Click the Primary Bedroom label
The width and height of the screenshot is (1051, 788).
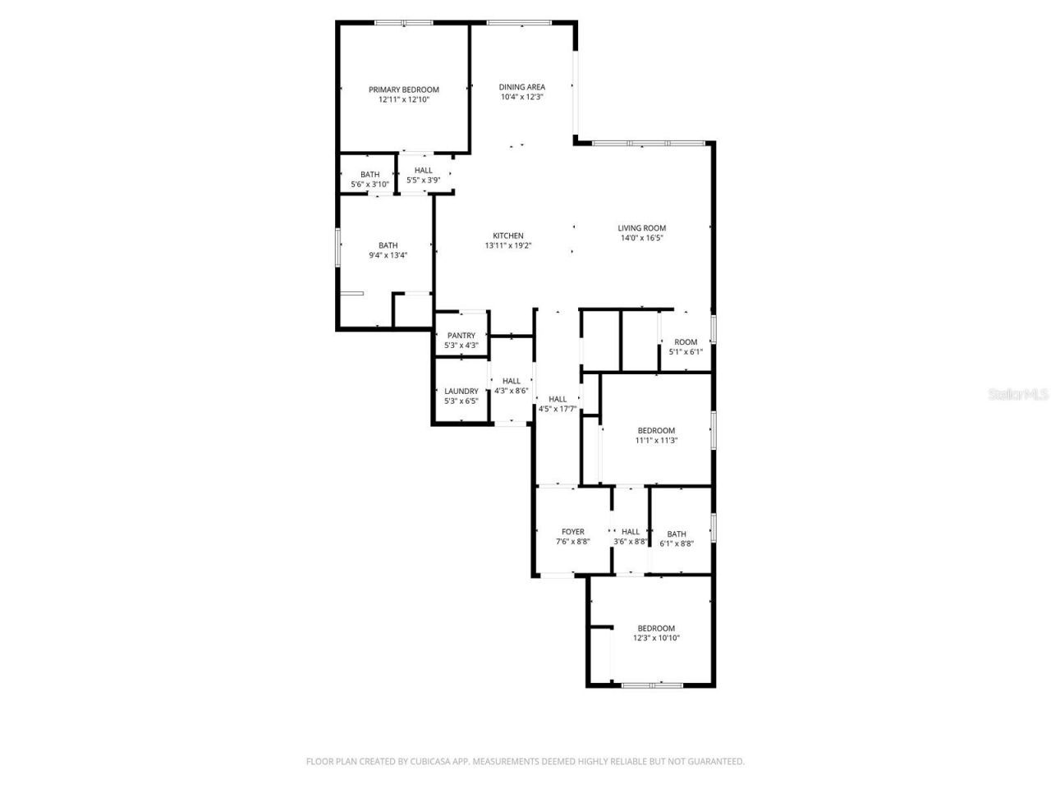(x=403, y=89)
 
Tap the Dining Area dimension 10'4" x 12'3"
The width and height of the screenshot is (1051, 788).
(x=522, y=97)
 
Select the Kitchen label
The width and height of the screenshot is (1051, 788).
(x=508, y=236)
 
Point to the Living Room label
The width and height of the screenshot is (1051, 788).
(x=642, y=228)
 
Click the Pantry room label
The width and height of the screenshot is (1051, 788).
(x=461, y=336)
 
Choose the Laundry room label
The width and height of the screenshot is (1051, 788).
(x=461, y=392)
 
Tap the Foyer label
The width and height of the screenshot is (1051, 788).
(x=573, y=532)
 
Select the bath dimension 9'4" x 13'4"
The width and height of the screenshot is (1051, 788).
(x=388, y=255)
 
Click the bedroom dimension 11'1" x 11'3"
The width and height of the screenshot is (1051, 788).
(x=656, y=441)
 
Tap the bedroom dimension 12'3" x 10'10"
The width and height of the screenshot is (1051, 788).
(x=656, y=639)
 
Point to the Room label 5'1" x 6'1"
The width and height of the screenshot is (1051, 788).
(x=686, y=342)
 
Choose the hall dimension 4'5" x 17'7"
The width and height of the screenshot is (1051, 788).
(x=558, y=409)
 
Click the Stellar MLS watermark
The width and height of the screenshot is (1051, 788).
(x=1018, y=395)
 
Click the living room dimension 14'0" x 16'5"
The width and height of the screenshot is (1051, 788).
(x=642, y=239)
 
